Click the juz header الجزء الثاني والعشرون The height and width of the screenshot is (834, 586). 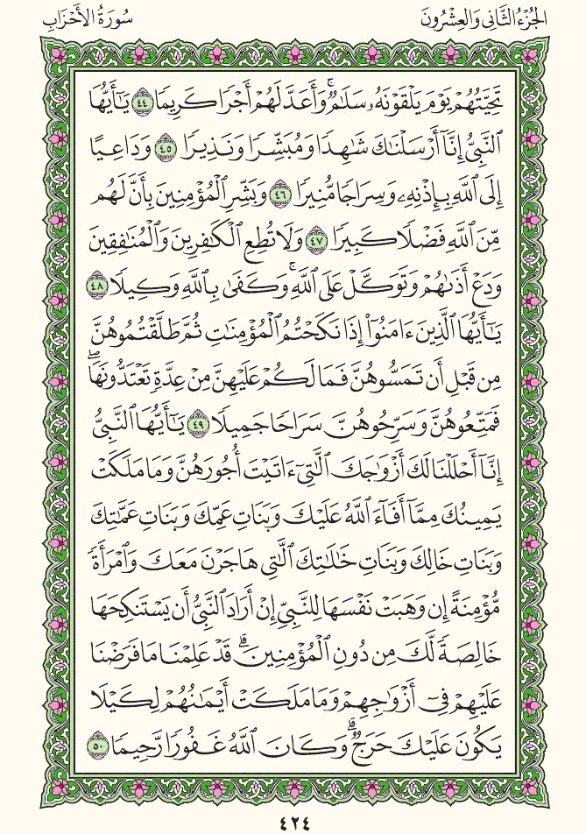[505, 18]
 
